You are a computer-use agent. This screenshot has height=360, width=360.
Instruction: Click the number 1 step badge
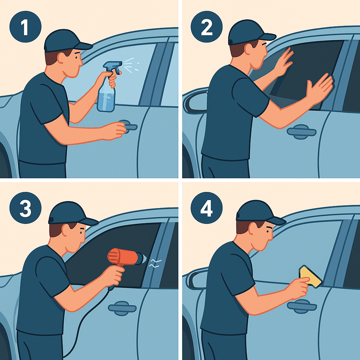click(x=25, y=27)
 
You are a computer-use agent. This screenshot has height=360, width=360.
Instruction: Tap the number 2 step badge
click(x=206, y=27)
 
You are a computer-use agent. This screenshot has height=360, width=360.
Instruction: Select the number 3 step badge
click(x=25, y=208)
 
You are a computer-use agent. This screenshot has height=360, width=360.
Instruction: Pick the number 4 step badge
click(x=206, y=208)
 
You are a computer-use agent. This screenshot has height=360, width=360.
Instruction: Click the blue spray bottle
click(x=108, y=87)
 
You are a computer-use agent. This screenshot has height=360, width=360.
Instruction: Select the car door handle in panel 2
click(x=301, y=132)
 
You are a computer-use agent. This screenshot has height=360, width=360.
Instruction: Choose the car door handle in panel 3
click(x=122, y=308)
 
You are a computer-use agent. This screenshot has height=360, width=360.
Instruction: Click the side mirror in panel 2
click(x=195, y=101)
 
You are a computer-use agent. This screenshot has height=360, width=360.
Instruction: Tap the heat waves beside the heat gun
click(x=155, y=263)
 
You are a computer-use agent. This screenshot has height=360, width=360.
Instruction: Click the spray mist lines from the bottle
click(x=131, y=65)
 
